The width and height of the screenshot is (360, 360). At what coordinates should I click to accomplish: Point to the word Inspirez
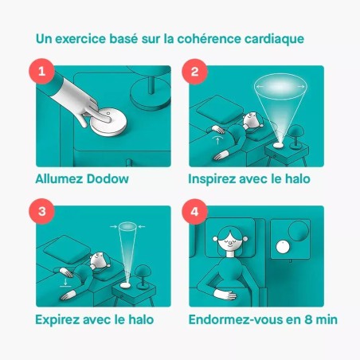pos(215,179)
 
